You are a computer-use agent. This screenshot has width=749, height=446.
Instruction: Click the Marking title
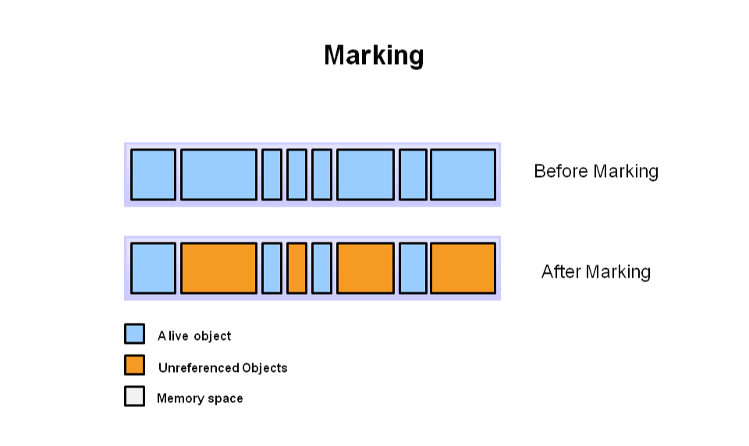pyautogui.click(x=374, y=55)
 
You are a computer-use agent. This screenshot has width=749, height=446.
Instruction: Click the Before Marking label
pyautogui.click(x=595, y=172)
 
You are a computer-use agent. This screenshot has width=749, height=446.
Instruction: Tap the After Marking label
pyautogui.click(x=595, y=271)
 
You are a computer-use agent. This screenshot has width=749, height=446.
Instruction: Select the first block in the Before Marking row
pyautogui.click(x=153, y=175)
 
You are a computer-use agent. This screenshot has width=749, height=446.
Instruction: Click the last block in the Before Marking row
pyautogui.click(x=463, y=175)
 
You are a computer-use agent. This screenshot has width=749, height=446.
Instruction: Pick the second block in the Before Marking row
pyautogui.click(x=218, y=175)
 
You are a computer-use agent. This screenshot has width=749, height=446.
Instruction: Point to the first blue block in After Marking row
pyautogui.click(x=153, y=268)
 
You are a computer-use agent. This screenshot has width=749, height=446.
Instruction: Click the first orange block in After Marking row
pyautogui.click(x=218, y=268)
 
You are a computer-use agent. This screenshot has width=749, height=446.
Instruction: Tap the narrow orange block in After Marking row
pyautogui.click(x=296, y=268)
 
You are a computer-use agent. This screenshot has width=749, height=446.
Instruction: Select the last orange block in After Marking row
pyautogui.click(x=463, y=268)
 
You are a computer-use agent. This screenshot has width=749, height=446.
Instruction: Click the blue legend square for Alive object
pyautogui.click(x=134, y=334)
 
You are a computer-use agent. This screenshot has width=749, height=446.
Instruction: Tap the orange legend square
pyautogui.click(x=134, y=365)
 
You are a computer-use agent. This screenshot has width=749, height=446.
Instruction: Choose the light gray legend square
pyautogui.click(x=134, y=396)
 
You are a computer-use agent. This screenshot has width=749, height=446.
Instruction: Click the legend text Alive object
pyautogui.click(x=194, y=336)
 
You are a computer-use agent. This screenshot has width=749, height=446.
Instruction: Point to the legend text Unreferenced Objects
pyautogui.click(x=222, y=367)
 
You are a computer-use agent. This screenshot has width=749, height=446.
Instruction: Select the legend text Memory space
pyautogui.click(x=200, y=398)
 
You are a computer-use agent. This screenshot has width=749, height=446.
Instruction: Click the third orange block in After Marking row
pyautogui.click(x=365, y=268)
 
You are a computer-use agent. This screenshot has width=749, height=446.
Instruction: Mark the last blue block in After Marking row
pyautogui.click(x=413, y=268)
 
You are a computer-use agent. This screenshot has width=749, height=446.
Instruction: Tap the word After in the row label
pyautogui.click(x=561, y=271)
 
